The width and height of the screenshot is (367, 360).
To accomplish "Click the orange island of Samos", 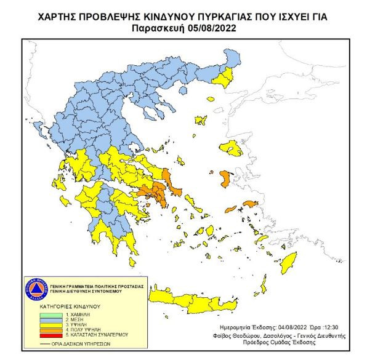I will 250,204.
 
